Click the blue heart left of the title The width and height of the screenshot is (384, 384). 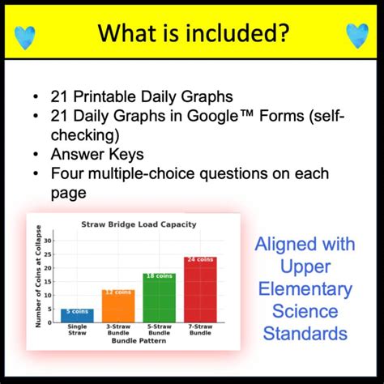click(x=27, y=33)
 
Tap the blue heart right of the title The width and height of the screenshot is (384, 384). click(x=356, y=33)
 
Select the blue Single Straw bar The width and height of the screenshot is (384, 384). click(x=77, y=315)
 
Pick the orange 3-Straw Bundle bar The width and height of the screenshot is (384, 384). click(x=118, y=306)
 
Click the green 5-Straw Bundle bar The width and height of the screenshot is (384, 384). click(x=160, y=297)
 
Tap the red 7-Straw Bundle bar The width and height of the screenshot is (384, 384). click(x=200, y=289)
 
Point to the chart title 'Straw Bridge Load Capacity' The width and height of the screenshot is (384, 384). click(x=139, y=224)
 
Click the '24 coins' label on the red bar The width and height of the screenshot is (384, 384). click(x=200, y=260)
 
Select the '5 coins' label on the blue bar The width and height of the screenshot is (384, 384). click(x=77, y=312)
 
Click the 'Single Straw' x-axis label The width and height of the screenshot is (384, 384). click(x=77, y=331)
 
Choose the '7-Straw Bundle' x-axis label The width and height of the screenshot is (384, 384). click(x=200, y=331)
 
